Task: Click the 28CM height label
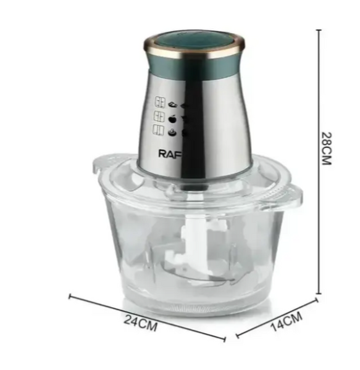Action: pos(327,149)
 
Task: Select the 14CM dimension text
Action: pos(286,321)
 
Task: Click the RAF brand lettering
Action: pos(170,154)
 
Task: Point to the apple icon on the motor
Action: pos(172,118)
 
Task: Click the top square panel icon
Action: pos(160,102)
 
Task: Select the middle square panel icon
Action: pos(159,117)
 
